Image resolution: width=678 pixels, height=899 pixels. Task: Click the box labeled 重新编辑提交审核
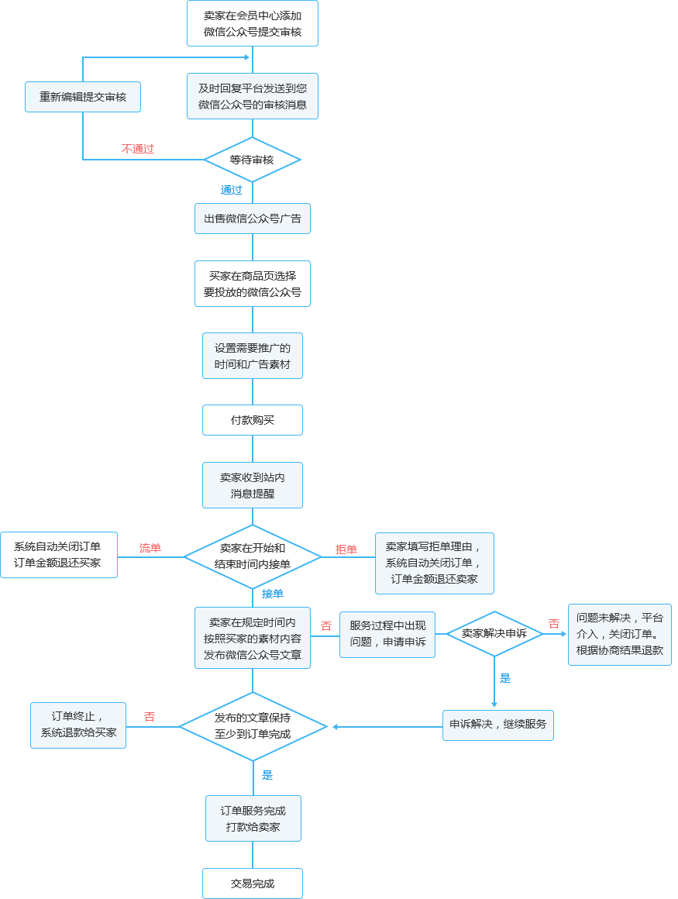pyautogui.click(x=83, y=97)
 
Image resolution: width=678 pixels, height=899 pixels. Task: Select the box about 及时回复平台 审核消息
pyautogui.click(x=253, y=96)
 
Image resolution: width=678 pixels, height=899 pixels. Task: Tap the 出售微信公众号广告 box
pyautogui.click(x=253, y=219)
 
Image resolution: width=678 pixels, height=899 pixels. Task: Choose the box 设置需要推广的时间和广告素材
pyautogui.click(x=253, y=356)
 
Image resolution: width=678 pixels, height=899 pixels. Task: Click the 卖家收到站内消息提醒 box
pyautogui.click(x=253, y=485)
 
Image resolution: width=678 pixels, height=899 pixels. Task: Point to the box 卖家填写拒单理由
pyautogui.click(x=434, y=563)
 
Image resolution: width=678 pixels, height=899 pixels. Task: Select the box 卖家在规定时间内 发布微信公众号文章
pyautogui.click(x=253, y=638)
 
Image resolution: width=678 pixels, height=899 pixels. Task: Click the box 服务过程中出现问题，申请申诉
pyautogui.click(x=387, y=634)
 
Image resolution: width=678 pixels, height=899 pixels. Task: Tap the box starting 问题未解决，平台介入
pyautogui.click(x=619, y=634)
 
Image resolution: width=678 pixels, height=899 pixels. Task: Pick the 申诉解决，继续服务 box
pyautogui.click(x=497, y=725)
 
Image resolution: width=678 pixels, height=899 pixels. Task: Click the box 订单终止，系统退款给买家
pyautogui.click(x=78, y=725)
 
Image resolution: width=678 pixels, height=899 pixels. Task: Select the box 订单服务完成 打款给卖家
pyautogui.click(x=253, y=818)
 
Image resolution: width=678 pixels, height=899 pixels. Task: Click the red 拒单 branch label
pyautogui.click(x=346, y=549)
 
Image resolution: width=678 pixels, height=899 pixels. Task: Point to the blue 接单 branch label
pyautogui.click(x=273, y=594)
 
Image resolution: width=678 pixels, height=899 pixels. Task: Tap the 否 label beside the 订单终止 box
pyautogui.click(x=150, y=717)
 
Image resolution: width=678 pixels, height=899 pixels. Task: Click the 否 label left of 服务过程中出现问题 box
pyautogui.click(x=326, y=625)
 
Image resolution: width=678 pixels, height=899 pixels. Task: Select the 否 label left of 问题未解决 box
pyautogui.click(x=554, y=624)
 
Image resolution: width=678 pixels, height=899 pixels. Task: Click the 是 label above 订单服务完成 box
pyautogui.click(x=267, y=775)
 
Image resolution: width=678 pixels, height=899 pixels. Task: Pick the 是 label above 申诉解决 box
pyautogui.click(x=505, y=678)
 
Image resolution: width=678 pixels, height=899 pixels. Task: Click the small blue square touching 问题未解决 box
pyautogui.click(x=563, y=634)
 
